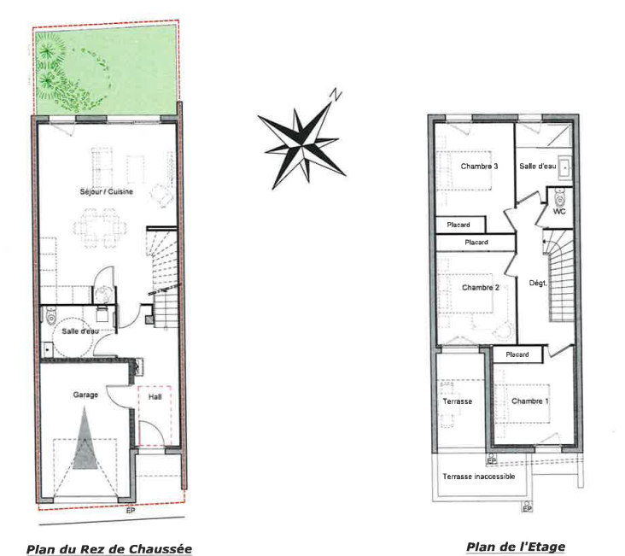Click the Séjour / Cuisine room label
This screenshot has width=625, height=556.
pyautogui.click(x=107, y=191)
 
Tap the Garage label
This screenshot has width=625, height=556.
pyautogui.click(x=85, y=395)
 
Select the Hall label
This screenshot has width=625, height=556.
pyautogui.click(x=155, y=397)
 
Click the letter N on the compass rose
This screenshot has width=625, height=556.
pyautogui.click(x=336, y=95)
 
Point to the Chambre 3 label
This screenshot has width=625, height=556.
pyautogui.click(x=479, y=167)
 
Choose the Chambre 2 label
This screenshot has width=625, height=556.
pyautogui.click(x=481, y=288)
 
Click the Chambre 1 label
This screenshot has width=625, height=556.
pyautogui.click(x=529, y=401)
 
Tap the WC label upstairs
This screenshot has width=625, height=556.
pyautogui.click(x=559, y=212)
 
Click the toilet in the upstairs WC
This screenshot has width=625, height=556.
pyautogui.click(x=559, y=197)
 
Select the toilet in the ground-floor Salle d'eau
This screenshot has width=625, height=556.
pyautogui.click(x=50, y=316)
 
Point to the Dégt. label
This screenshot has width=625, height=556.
pyautogui.click(x=538, y=284)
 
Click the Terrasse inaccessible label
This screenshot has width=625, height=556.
pyautogui.click(x=479, y=477)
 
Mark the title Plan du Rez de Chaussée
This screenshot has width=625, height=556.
pyautogui.click(x=109, y=549)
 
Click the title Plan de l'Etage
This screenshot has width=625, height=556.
pyautogui.click(x=516, y=547)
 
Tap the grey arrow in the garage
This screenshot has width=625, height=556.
pyautogui.click(x=85, y=438)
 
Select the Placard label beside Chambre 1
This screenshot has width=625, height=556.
pyautogui.click(x=517, y=354)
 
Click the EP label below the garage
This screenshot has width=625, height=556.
pyautogui.click(x=131, y=511)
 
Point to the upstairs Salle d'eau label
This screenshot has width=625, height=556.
pyautogui.click(x=538, y=167)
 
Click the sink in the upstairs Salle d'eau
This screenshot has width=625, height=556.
pyautogui.click(x=565, y=167)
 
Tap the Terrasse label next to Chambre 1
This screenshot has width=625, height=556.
pyautogui.click(x=457, y=401)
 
